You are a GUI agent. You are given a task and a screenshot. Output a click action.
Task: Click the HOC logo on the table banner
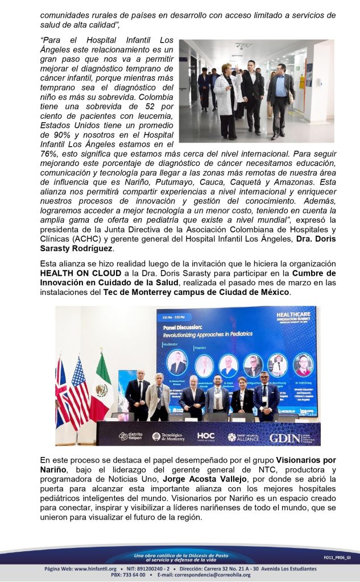tap(205, 436)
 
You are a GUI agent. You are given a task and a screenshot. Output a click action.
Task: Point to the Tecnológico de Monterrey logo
tap(168, 436)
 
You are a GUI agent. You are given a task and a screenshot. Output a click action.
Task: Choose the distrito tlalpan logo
tap(130, 436)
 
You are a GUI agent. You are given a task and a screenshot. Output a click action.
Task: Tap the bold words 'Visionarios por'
tap(306, 459)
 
